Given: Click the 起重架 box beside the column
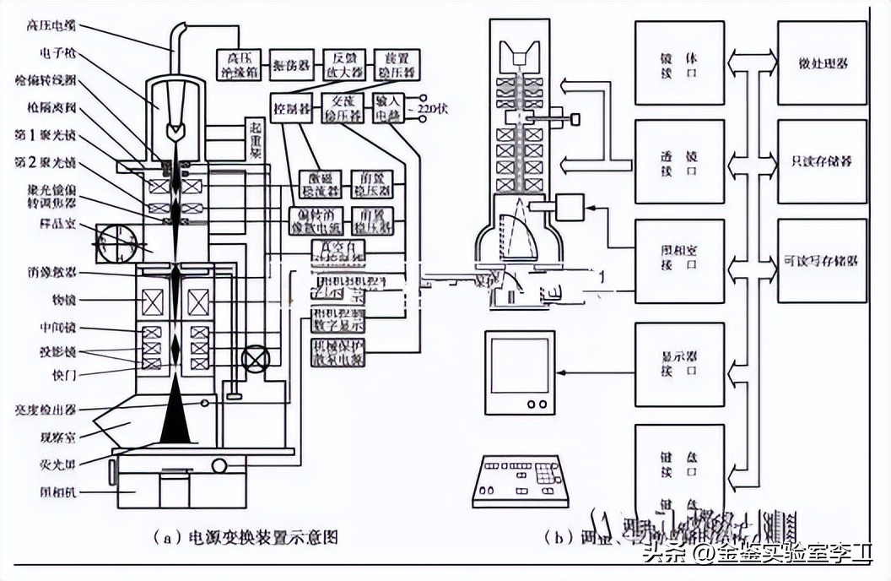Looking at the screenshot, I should [255, 138].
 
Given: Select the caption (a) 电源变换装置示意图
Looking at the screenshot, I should [245, 536].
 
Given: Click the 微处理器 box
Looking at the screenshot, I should [822, 63].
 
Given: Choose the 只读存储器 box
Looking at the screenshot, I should [822, 161].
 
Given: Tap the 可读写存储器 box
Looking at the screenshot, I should [822, 261].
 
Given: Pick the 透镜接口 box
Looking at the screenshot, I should [679, 161].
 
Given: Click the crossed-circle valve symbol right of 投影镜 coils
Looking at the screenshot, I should [253, 358].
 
